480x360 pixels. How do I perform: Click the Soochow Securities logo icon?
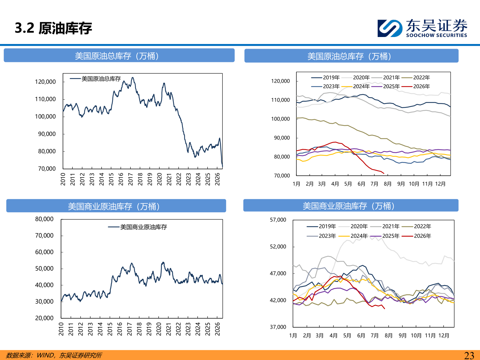coord(390,28)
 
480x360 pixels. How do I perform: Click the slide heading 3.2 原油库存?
coord(53,28)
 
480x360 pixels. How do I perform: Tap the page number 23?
coord(469,355)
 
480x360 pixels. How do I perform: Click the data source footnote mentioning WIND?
coord(54,355)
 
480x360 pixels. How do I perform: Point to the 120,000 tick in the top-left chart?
coord(45,82)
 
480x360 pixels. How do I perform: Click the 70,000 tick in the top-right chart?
coord(282,176)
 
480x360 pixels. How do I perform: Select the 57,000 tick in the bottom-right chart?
coord(278,220)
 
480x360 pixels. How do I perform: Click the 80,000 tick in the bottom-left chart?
coord(44,219)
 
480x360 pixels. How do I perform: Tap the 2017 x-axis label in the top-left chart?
coord(131,179)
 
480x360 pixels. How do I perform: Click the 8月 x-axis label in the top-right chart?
coord(388,184)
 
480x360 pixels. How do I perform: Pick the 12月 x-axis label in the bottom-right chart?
coord(444,336)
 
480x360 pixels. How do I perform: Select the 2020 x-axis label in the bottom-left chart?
coord(159,329)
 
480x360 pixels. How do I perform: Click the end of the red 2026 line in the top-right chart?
coord(384,174)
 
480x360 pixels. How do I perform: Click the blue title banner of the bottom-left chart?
coord(116,206)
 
